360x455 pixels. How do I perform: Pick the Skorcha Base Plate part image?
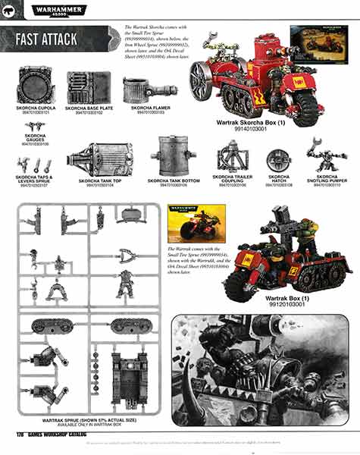point(88,88)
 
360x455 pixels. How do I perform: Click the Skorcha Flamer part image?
point(141,88)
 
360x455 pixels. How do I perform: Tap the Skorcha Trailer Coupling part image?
point(233,158)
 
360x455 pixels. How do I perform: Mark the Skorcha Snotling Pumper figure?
point(326,157)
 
